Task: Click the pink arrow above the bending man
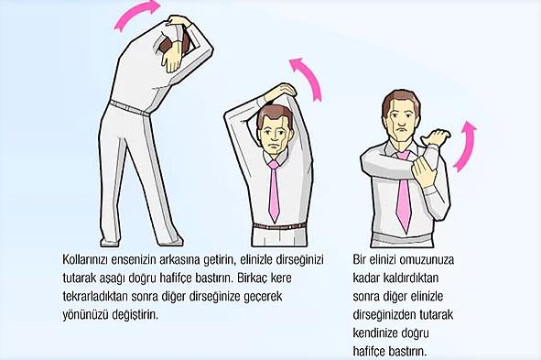[x=135, y=14]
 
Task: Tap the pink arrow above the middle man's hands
[x=309, y=77]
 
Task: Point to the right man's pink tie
[x=403, y=193]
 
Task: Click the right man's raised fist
[x=436, y=137]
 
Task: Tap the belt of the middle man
[x=279, y=226]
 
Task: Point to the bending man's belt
[x=129, y=108]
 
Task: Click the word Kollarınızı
[x=84, y=259]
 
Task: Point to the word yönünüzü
[x=85, y=315]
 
